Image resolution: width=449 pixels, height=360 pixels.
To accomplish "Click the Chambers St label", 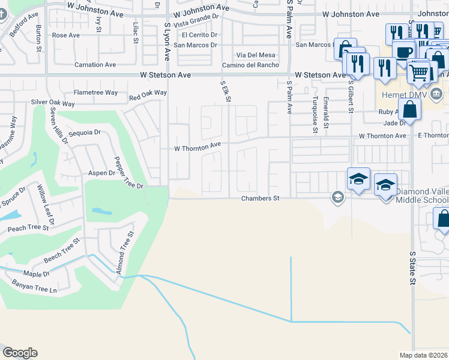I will pos(261,199).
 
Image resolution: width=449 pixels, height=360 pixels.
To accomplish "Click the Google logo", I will pos(20,353).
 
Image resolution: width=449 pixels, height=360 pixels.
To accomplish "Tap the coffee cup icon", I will pos(403,52).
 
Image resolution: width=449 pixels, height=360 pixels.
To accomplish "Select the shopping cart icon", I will pos(419,73).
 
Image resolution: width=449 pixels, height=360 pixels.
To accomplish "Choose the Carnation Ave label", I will pos(95,65).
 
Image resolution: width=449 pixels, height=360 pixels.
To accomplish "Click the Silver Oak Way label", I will pos(53,103).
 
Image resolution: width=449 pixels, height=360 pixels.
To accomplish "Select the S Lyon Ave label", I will pos(167,41).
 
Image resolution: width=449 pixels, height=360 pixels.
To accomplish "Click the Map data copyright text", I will pos(424,355).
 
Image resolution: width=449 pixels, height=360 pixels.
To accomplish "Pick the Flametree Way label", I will pos(95,93).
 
